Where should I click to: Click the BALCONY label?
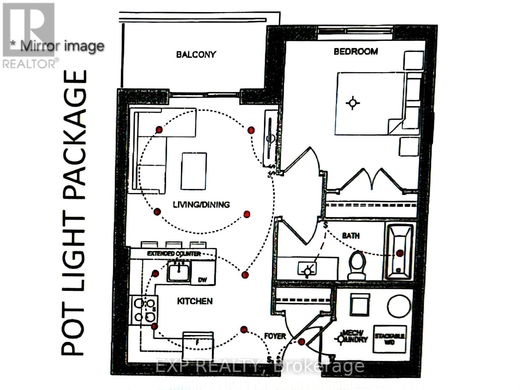tap(196, 54)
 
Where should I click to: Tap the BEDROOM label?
tap(356, 51)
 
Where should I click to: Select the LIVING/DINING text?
tap(201, 204)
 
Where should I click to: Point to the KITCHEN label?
tap(195, 301)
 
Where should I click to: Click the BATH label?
tap(351, 235)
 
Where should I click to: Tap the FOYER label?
tap(275, 336)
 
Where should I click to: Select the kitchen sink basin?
tap(178, 272)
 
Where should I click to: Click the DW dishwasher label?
tap(202, 280)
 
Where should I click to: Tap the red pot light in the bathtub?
tap(399, 253)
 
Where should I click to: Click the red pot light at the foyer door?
tap(301, 342)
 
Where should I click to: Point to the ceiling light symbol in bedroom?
tap(353, 103)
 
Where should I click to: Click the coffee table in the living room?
tap(194, 171)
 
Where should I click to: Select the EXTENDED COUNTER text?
tap(174, 253)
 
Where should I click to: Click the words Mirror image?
tap(62, 46)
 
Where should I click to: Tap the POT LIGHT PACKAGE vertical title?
tap(74, 213)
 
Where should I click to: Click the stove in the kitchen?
tap(144, 310)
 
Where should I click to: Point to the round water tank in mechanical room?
tap(399, 306)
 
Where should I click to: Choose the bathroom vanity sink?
tap(307, 269)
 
